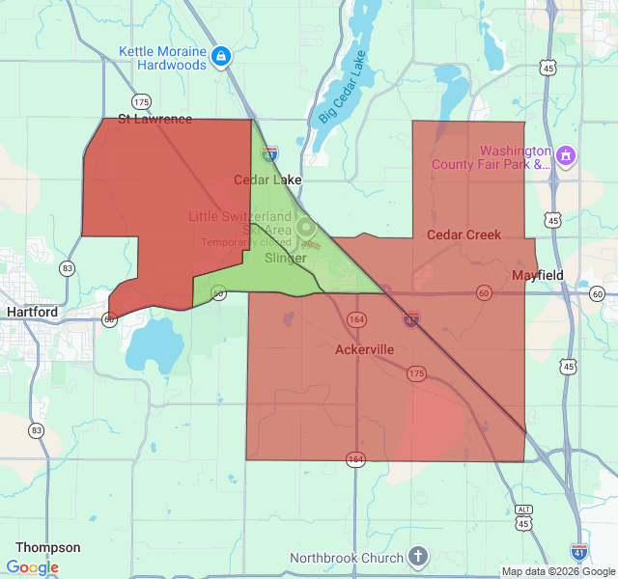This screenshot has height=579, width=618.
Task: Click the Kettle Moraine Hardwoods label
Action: [x=162, y=58]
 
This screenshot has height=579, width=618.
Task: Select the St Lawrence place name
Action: [x=154, y=120]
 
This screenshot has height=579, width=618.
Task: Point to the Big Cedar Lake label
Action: [x=342, y=88]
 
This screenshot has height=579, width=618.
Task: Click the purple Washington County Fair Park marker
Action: [x=566, y=154]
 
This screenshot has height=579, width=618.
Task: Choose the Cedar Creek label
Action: [x=463, y=234]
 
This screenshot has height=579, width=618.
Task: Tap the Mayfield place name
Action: [x=538, y=275]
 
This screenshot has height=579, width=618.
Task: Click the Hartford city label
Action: [x=32, y=313]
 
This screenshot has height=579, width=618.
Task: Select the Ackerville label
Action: [x=365, y=349]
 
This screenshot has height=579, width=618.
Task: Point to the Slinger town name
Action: [x=285, y=258]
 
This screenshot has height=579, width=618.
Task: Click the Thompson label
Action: [x=48, y=547]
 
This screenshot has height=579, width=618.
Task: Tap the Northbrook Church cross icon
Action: [x=417, y=557]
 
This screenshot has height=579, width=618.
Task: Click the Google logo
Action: [x=32, y=567]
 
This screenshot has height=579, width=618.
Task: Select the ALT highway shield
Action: [x=524, y=509]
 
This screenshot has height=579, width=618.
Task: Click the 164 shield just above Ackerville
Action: [x=357, y=318]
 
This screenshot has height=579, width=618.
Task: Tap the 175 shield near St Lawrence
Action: [x=142, y=101]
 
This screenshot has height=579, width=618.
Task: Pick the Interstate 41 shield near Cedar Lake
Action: [x=270, y=152]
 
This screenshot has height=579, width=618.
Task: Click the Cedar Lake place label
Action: [x=267, y=179]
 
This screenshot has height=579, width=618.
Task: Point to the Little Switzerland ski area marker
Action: [x=306, y=229]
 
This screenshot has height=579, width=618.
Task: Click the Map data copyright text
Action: [x=557, y=571]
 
